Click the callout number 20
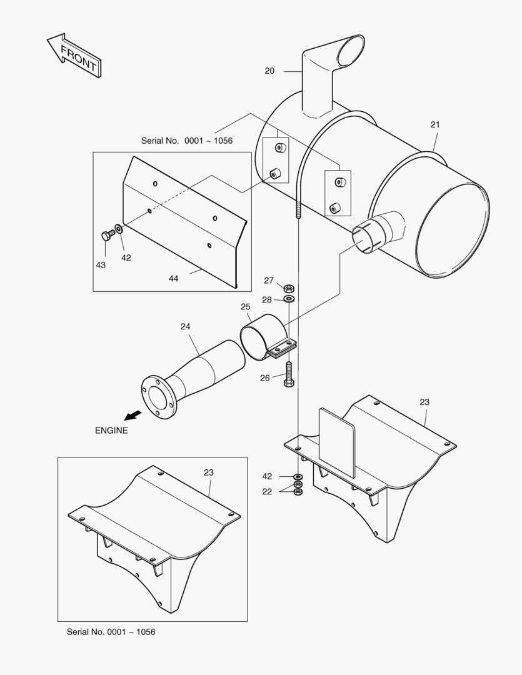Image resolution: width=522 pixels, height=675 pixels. click(269, 71)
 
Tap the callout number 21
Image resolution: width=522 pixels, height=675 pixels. click(435, 124)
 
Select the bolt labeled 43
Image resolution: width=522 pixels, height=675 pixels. click(107, 236)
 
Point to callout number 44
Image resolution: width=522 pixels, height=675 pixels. click(173, 278)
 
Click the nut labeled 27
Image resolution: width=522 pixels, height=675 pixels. click(289, 289)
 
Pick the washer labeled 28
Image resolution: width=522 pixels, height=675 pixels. click(289, 300)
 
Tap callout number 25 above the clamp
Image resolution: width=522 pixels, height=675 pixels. click(245, 307)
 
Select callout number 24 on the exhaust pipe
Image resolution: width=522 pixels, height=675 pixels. click(185, 326)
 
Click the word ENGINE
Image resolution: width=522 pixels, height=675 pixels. click(111, 430)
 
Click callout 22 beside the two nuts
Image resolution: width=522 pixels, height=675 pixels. click(267, 491)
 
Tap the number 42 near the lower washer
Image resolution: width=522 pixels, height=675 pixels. click(267, 476)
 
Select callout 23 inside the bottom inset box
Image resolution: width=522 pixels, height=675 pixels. click(208, 472)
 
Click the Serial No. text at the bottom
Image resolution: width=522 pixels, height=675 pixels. click(111, 632)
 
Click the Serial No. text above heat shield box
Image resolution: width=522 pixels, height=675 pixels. click(186, 141)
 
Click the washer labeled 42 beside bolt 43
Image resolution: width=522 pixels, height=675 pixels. click(119, 231)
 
